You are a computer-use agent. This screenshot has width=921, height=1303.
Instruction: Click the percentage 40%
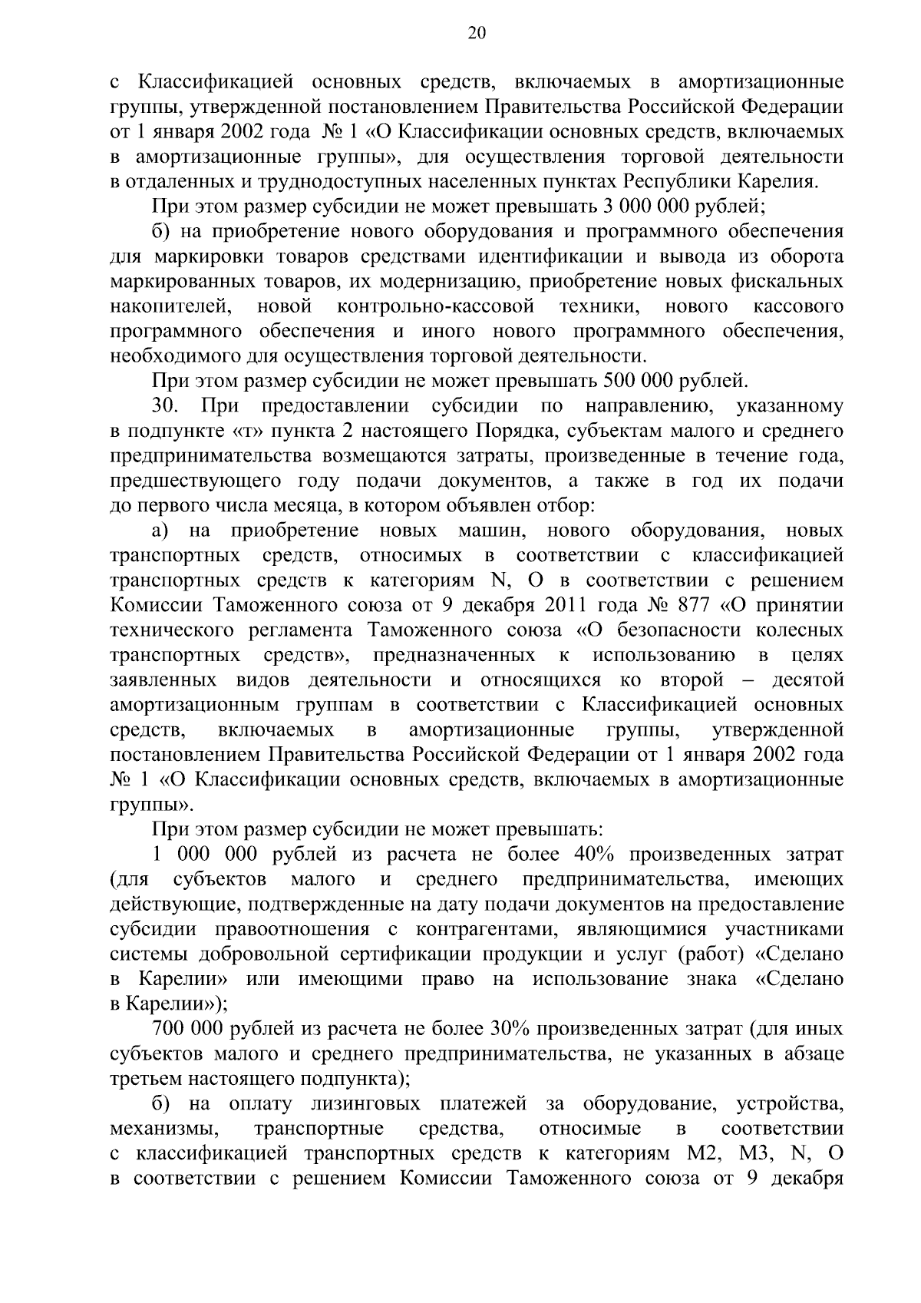(592, 855)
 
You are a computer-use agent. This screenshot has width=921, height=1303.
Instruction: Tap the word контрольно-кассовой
(436, 306)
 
